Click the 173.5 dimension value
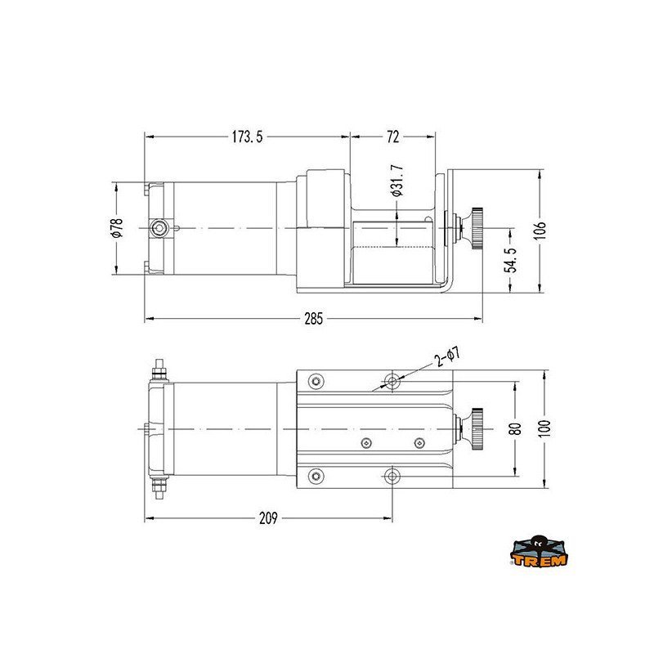click(246, 137)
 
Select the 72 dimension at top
click(393, 137)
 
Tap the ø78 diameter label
click(117, 226)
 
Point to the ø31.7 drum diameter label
click(396, 188)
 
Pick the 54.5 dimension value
click(511, 260)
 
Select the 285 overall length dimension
click(313, 319)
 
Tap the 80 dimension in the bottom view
click(515, 428)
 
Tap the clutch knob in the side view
click(475, 227)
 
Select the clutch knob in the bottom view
click(475, 428)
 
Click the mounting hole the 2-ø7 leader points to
click(394, 381)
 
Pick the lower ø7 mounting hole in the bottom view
click(394, 475)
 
